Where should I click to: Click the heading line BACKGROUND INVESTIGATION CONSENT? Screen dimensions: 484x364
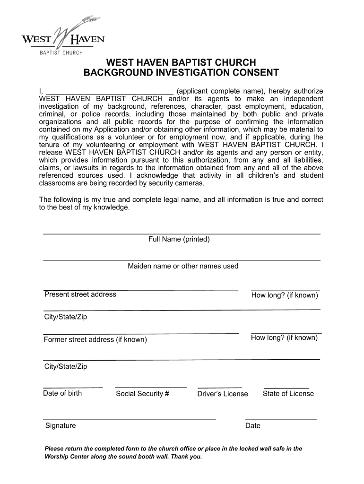click(181, 73)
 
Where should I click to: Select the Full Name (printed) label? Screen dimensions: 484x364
click(179, 239)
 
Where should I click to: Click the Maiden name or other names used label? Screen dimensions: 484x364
click(183, 266)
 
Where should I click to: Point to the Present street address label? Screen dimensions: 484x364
click(80, 294)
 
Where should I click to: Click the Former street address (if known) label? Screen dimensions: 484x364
click(95, 340)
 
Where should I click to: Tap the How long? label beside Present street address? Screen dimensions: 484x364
click(285, 295)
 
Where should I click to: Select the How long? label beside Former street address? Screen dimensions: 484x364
click(284, 337)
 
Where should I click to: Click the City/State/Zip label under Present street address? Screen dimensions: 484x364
click(66, 317)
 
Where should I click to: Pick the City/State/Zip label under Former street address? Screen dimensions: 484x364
click(66, 367)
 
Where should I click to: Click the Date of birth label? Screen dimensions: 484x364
click(62, 393)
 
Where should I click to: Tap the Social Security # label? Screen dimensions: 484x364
click(142, 394)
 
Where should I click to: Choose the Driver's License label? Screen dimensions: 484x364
click(222, 394)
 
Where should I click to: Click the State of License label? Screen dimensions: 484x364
click(288, 393)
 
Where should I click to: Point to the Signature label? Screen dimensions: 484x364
click(61, 425)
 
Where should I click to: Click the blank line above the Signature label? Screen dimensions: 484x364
click(130, 419)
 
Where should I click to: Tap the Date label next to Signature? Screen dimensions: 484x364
click(253, 425)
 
